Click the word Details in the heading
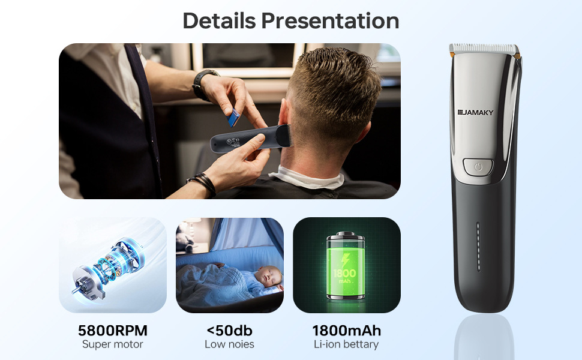219,20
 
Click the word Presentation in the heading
331,20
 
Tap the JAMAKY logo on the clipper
475,112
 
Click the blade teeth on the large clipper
484,48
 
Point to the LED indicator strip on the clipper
478,247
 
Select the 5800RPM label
112,331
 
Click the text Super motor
112,344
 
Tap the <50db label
229,331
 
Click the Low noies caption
229,344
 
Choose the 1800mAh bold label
347,331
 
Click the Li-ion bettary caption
346,345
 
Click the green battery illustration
345,266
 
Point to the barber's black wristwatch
203,85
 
